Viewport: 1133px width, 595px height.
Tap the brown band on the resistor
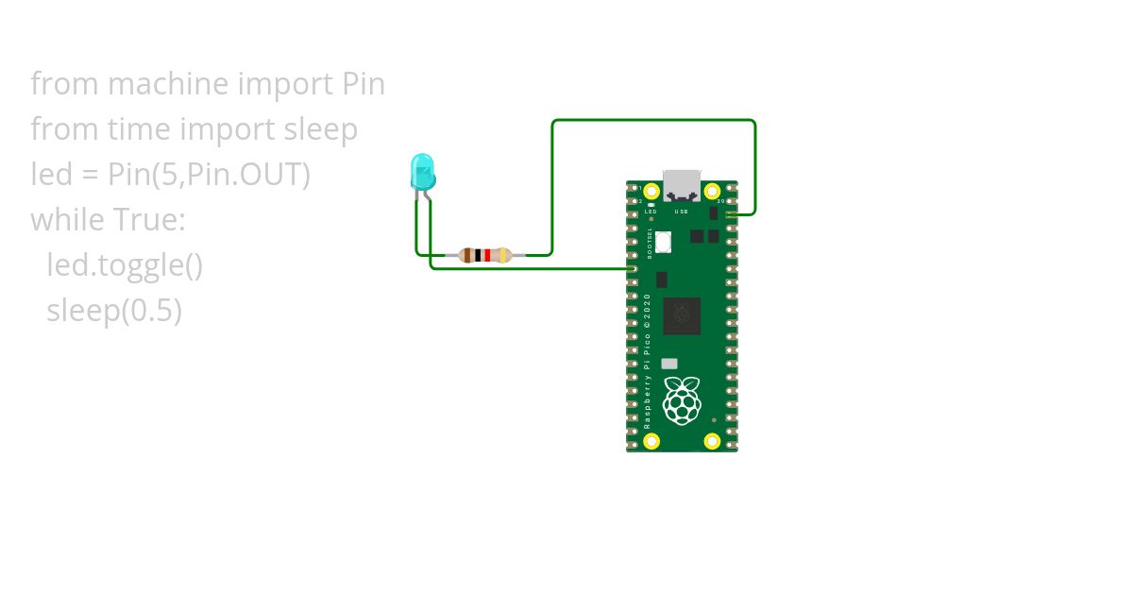click(x=468, y=255)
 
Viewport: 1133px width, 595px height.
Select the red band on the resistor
click(x=487, y=255)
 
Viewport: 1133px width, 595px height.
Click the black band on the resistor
click(x=479, y=255)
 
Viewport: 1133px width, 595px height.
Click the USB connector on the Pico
click(x=682, y=184)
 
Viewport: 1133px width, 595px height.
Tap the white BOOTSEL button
click(x=663, y=242)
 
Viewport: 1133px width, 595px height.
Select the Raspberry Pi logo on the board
click(x=682, y=399)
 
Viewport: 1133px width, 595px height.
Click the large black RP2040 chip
click(x=682, y=316)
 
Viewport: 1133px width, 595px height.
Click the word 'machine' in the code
click(x=168, y=84)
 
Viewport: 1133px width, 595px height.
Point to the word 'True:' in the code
click(x=149, y=220)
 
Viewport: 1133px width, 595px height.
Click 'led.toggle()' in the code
click(x=125, y=265)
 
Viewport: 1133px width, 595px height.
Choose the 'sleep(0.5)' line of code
click(x=114, y=311)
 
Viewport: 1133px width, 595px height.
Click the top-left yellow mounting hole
click(x=650, y=193)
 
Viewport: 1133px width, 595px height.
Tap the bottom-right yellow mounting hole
click(x=714, y=440)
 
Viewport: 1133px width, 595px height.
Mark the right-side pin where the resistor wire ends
click(x=730, y=215)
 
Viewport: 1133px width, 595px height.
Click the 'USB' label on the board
click(x=682, y=212)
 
